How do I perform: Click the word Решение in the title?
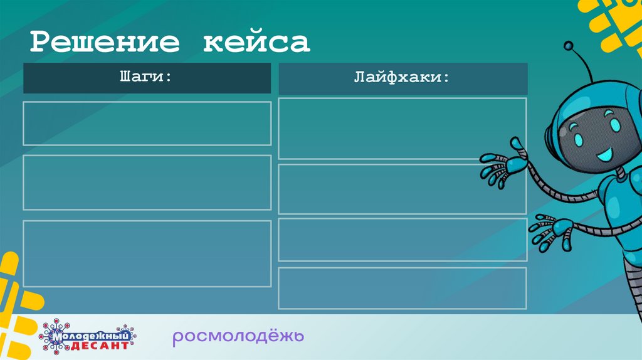click(105, 43)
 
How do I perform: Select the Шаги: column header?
click(147, 78)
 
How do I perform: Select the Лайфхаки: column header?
click(403, 78)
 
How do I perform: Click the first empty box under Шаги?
click(147, 123)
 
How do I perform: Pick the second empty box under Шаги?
click(147, 183)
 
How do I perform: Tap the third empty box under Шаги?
click(147, 253)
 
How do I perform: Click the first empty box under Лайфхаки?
click(403, 129)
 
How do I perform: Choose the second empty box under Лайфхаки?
click(403, 189)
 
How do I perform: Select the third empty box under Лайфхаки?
click(403, 240)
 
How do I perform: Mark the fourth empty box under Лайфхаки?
click(403, 288)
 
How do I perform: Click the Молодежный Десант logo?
click(88, 337)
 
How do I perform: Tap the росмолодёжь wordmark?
click(238, 337)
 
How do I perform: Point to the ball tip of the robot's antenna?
click(569, 46)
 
